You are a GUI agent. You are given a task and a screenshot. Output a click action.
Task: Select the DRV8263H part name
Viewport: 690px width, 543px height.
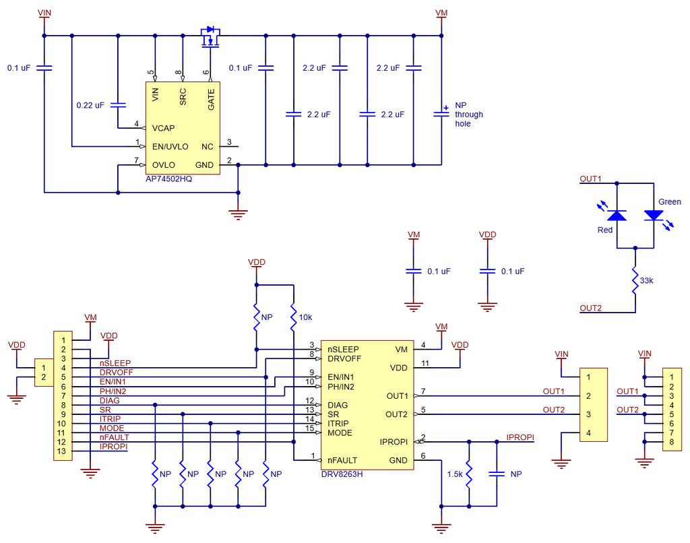tap(342, 474)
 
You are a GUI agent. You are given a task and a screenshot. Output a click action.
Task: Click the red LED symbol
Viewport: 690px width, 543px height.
tap(617, 215)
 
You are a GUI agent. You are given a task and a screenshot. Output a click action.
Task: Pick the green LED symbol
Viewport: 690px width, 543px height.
tap(654, 215)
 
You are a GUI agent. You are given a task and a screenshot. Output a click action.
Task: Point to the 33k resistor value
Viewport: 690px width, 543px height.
tap(646, 280)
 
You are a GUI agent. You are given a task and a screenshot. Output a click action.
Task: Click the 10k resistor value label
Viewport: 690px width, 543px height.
tap(306, 316)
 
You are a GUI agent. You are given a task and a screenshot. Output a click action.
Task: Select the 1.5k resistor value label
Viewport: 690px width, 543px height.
tap(455, 474)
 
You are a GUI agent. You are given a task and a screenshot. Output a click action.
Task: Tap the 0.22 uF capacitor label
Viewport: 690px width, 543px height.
tap(90, 105)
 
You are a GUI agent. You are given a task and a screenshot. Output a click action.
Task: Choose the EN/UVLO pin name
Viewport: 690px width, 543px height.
tap(170, 146)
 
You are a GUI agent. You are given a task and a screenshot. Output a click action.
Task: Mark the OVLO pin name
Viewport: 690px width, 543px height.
tap(164, 165)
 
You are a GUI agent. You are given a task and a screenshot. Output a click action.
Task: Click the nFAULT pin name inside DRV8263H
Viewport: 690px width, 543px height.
tap(342, 460)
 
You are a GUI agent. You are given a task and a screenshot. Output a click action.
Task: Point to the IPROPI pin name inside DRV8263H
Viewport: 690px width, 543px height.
tap(394, 442)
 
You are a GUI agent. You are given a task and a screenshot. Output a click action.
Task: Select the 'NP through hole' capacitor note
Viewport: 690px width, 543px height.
tap(468, 115)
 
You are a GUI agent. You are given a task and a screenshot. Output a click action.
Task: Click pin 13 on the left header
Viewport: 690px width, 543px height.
tap(63, 451)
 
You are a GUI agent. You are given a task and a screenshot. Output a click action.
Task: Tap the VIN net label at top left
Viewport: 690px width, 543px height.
tap(44, 13)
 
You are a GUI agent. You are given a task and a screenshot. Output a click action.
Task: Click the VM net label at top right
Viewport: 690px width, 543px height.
tap(441, 13)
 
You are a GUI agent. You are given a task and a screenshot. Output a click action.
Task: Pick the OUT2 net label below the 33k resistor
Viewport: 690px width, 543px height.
tap(591, 308)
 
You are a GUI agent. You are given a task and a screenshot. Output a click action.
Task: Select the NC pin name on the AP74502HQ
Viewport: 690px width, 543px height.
tap(208, 146)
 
